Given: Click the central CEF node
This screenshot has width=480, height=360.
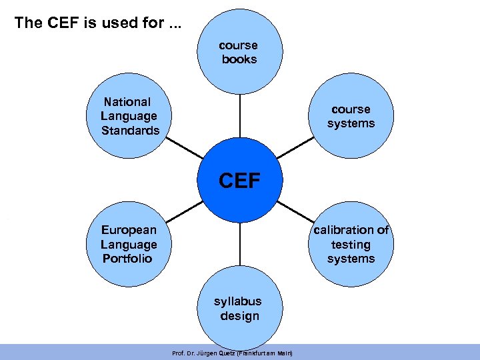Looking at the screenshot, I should pos(239,181).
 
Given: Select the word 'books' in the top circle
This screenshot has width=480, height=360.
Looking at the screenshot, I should pos(239,59).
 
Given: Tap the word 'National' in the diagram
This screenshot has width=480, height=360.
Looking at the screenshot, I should pos(127,102).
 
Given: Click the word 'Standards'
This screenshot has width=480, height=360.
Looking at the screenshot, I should pos(131,131).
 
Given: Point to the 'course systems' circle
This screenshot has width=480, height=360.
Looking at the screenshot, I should pos(351,117).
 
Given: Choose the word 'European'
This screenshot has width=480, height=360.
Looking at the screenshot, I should pos(129,230).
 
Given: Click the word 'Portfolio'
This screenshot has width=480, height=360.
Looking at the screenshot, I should pos(127,259).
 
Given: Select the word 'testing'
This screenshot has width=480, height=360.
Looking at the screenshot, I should pos(351,245).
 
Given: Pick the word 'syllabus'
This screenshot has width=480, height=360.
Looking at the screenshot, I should pos(237,301).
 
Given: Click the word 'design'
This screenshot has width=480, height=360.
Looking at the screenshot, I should pos(239,316).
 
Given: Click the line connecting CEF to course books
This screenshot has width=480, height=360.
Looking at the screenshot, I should pos(239,117).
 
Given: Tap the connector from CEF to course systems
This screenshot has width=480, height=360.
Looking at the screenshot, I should pos(296,147).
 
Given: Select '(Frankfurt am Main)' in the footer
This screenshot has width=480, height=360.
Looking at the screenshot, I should pos(265,353).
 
